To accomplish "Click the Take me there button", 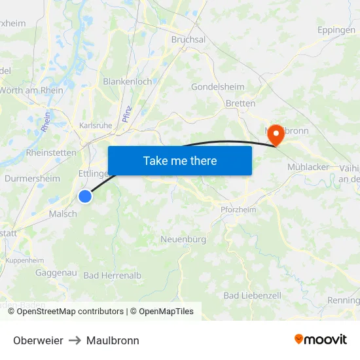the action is (180, 160).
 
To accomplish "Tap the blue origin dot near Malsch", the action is (85, 196).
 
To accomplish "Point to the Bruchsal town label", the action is (188, 39).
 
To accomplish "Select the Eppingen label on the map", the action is (336, 30).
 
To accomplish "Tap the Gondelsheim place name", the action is (217, 86).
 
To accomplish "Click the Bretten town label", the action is (240, 103).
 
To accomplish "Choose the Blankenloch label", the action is (127, 82).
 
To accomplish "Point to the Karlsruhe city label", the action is (95, 125).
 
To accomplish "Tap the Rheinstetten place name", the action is (50, 153).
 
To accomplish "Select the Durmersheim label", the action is (32, 178).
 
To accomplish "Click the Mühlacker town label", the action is (308, 167).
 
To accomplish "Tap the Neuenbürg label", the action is (183, 240).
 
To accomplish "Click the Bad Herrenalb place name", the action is (113, 276).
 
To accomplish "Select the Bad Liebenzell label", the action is (252, 296).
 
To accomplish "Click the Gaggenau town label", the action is (57, 272).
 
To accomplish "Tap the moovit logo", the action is (321, 340).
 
